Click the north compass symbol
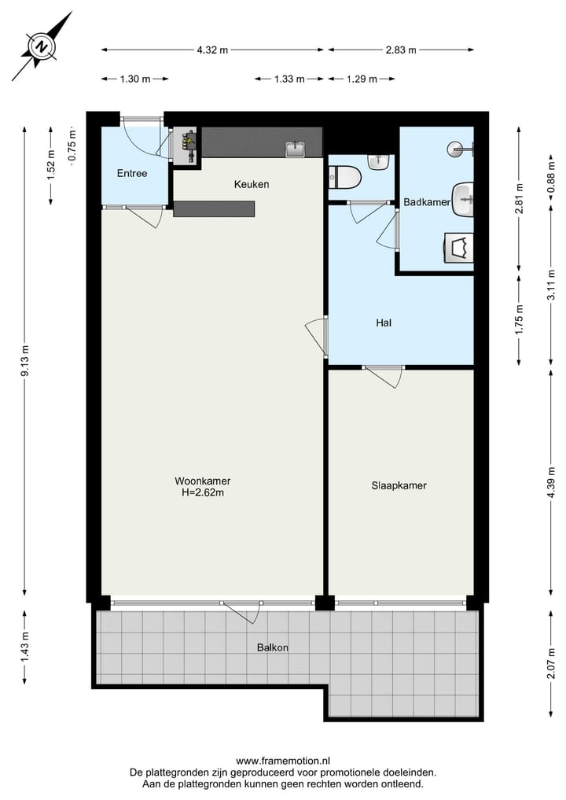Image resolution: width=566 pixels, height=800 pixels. coord(42,46)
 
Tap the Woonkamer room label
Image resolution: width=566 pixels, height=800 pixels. coord(202,481)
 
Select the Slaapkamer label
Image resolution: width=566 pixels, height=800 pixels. coord(399,485)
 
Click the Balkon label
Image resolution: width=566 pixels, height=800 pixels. coord(272,647)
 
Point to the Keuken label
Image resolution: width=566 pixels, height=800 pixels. coord(252,184)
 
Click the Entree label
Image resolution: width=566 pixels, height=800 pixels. coord(132,173)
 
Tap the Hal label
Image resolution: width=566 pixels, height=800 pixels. coord(384,323)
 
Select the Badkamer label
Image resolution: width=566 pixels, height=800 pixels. coord(426,202)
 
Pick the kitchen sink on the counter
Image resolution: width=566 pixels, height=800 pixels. coord(296,149)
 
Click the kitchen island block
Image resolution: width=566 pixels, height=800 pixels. coord(214,208)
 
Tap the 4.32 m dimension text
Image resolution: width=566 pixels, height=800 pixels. coord(212,50)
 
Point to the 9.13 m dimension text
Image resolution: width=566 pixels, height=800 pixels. coord(25,359)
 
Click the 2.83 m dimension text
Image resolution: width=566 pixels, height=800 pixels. coord(401,50)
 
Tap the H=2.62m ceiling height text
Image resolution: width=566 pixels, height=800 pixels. coord(202,493)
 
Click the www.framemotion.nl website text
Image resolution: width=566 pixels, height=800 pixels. coord(283,761)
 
